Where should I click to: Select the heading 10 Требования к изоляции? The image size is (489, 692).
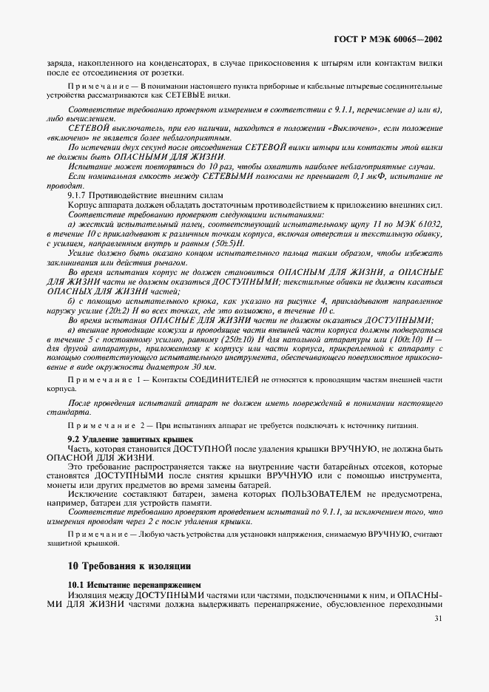(129, 566)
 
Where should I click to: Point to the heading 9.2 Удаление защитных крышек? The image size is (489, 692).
(119, 439)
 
